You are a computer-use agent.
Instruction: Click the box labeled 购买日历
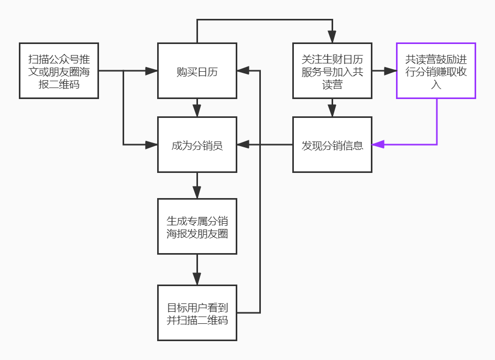(x=197, y=71)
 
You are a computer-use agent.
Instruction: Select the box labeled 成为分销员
(x=197, y=145)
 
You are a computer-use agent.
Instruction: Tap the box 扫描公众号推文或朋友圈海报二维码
(x=59, y=71)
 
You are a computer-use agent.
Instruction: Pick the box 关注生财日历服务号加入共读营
(x=332, y=71)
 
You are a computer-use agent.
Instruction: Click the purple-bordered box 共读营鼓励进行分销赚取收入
(x=436, y=71)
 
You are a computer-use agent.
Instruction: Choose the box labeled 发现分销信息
(x=332, y=145)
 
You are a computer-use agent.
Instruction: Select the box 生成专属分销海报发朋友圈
(x=197, y=226)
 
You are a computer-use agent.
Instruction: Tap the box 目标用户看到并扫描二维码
(x=197, y=313)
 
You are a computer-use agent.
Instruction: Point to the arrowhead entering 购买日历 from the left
(x=152, y=71)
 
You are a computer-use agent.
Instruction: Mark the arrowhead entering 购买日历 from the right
(x=243, y=71)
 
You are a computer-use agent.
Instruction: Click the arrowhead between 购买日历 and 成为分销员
(x=197, y=111)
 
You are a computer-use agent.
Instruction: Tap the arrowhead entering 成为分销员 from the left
(x=152, y=145)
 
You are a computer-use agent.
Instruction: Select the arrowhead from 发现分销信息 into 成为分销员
(x=243, y=145)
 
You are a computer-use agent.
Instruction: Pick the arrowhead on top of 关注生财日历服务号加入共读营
(x=332, y=37)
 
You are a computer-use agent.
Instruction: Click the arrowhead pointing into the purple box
(x=391, y=71)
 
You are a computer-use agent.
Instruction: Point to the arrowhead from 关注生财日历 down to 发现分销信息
(x=332, y=111)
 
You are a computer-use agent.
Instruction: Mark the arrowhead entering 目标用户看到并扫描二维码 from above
(x=197, y=279)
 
